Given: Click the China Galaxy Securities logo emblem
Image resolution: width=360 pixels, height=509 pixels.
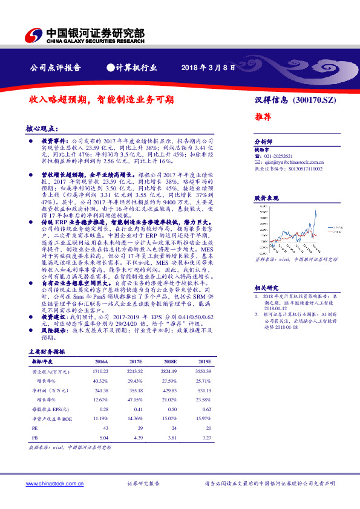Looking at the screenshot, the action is click(36, 34).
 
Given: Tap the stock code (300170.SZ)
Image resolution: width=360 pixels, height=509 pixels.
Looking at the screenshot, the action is click(313, 100).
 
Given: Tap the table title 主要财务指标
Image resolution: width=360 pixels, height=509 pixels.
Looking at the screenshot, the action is click(46, 351).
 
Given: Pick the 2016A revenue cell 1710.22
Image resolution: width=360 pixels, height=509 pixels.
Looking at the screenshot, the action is click(101, 371).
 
